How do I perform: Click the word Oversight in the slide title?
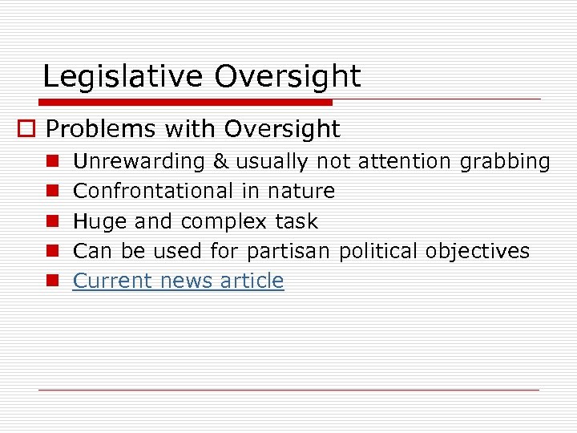point(288,77)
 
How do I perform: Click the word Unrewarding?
point(139,161)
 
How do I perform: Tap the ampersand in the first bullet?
point(220,161)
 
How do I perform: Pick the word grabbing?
point(505,162)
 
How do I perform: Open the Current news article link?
point(178,281)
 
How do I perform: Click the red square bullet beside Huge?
point(50,222)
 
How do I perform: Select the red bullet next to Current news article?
point(50,281)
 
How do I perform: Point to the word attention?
point(405,161)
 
